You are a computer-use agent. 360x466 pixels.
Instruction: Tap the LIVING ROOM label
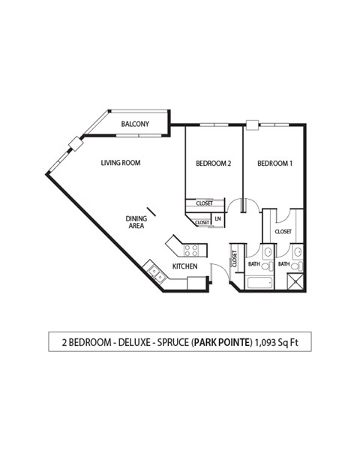121,163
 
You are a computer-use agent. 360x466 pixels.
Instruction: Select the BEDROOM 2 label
212,163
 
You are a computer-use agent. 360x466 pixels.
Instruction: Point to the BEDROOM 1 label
274,163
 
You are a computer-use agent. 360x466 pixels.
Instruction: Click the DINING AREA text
136,222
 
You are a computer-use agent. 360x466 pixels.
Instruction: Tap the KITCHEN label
184,266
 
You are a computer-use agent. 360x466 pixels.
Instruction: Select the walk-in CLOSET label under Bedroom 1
283,232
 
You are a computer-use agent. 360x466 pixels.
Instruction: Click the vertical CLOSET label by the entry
235,260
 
